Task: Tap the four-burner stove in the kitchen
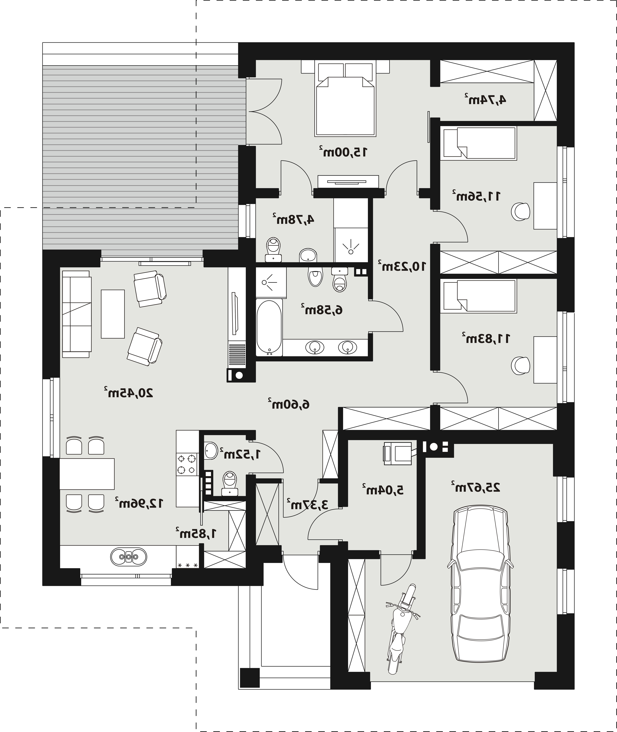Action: pyautogui.click(x=187, y=464)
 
